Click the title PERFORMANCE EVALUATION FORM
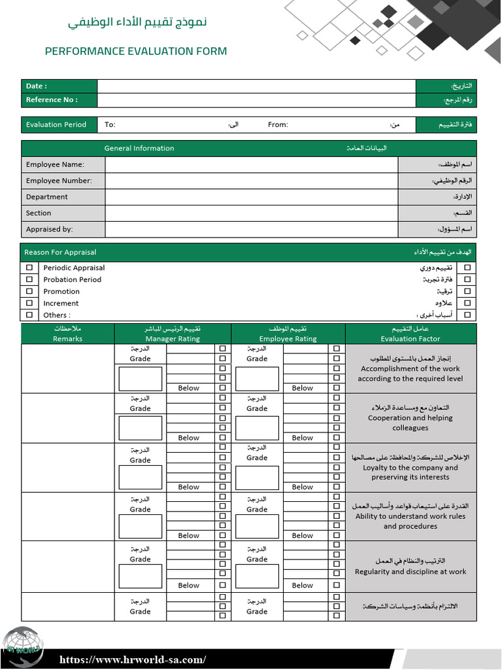(x=136, y=51)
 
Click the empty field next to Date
(x=256, y=86)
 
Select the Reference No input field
(x=256, y=100)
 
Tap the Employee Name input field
(x=251, y=165)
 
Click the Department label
(x=47, y=197)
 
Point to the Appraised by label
(x=49, y=230)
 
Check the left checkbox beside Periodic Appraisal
(x=29, y=268)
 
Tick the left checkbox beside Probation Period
(x=29, y=279)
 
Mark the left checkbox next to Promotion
(x=29, y=291)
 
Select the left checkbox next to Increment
(x=29, y=303)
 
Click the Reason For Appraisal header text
(x=60, y=253)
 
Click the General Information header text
(x=139, y=149)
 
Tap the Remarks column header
(x=68, y=339)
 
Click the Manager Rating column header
(x=173, y=339)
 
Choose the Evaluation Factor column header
(x=410, y=339)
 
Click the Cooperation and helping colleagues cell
(x=410, y=418)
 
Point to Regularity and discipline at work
(x=410, y=572)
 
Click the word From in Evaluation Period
(x=278, y=125)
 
